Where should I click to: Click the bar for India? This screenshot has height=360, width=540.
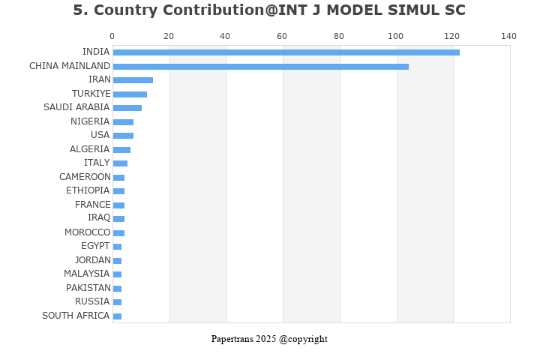pos(286,52)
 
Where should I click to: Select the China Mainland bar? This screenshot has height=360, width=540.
pos(260,67)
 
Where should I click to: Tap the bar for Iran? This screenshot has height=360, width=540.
pos(133,80)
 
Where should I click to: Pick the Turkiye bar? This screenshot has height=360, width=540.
pos(130,94)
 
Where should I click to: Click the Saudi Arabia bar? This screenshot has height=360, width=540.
pos(127,108)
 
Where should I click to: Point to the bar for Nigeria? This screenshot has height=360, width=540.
pos(123,122)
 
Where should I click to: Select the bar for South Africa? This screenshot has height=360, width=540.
pos(117,316)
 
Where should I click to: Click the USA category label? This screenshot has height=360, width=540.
pos(100,135)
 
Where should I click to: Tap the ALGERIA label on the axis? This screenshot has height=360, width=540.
pos(89,149)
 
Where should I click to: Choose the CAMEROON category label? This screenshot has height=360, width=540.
pos(85,177)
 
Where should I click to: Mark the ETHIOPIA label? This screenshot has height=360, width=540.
pos(88,190)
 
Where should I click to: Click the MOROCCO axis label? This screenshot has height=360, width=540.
pos(87,232)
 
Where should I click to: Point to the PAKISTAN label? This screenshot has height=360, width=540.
pos(88,288)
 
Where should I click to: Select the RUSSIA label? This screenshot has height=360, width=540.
pos(93,301)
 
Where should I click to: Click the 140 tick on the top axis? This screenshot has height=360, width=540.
pos(509,36)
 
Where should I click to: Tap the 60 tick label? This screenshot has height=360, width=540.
pos(282,36)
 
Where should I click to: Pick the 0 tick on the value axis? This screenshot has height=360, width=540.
pos(112,36)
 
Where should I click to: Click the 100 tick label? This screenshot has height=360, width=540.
pos(396,36)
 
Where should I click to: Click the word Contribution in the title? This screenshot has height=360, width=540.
pos(184,10)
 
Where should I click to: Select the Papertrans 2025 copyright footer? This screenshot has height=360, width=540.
pos(269,339)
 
